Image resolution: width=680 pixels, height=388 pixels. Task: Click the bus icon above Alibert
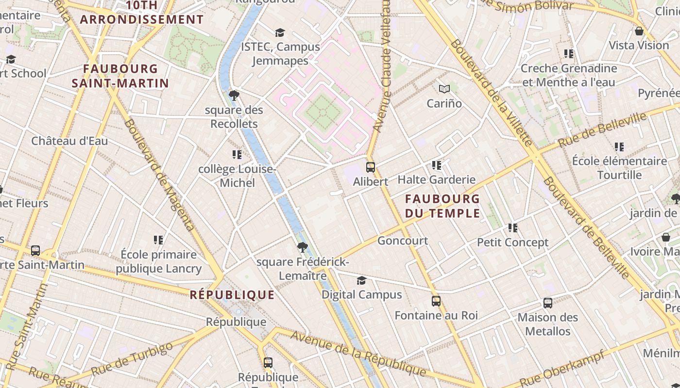(x=371, y=167)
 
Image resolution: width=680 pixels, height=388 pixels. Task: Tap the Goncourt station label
(x=403, y=241)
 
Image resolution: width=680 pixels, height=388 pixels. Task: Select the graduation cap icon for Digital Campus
(x=361, y=281)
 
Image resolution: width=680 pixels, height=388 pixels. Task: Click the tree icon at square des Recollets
(x=234, y=95)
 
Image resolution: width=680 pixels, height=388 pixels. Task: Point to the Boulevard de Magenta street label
(x=159, y=175)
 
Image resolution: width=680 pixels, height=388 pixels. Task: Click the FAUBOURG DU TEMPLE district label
(x=442, y=206)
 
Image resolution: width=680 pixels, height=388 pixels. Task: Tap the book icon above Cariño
(x=444, y=89)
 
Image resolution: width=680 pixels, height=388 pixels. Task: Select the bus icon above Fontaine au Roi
(x=436, y=301)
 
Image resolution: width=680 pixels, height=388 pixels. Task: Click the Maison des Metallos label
(x=548, y=324)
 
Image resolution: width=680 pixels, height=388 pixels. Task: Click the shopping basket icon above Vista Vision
(x=639, y=31)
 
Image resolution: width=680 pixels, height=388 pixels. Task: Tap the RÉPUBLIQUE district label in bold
(x=232, y=295)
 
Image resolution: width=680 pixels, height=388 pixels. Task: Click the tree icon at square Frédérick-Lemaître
(x=302, y=247)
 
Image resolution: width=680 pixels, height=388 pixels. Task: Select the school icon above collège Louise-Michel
(x=237, y=155)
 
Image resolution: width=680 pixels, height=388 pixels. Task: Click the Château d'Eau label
(x=69, y=141)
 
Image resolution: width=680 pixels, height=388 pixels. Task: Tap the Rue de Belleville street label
(x=602, y=129)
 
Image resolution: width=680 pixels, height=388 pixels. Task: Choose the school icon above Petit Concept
(x=512, y=227)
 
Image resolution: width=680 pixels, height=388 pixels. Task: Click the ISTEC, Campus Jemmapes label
(x=281, y=54)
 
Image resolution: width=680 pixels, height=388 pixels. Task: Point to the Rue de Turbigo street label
(x=132, y=359)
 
